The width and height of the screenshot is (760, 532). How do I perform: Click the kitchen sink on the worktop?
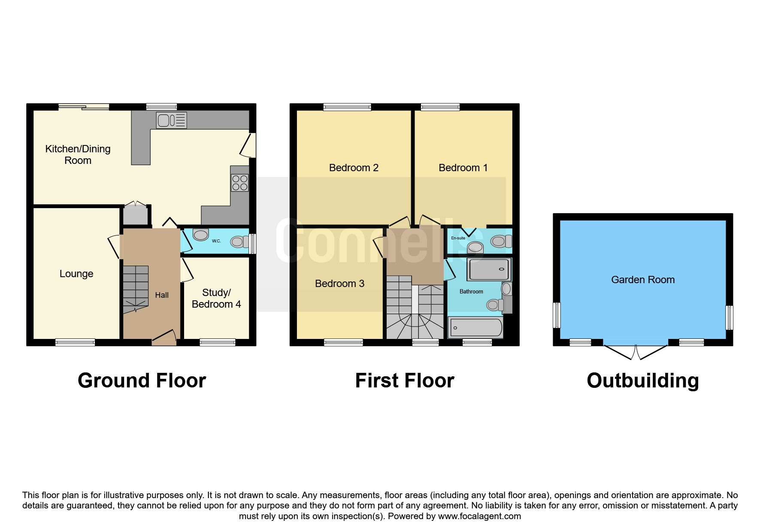172,120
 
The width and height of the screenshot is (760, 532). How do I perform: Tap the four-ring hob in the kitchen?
240,183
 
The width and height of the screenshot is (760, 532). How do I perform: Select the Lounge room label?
76,274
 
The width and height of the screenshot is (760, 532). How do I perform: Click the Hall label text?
162,295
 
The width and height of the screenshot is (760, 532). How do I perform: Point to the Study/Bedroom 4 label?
216,298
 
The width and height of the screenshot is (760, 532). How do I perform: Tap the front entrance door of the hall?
164,337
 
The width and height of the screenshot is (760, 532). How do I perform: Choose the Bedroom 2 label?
354,168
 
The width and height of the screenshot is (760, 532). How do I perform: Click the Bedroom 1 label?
463,168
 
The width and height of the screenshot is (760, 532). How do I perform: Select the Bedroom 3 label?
339,284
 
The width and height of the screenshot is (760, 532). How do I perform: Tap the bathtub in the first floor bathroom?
475,328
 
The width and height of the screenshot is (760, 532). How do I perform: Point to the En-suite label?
458,238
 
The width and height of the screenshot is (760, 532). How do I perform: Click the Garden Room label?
643,280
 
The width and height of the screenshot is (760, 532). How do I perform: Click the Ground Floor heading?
142,381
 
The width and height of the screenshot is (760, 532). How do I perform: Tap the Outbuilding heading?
643,381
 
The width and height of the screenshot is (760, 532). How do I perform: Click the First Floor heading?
405,381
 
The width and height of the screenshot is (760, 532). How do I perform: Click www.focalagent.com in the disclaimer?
479,516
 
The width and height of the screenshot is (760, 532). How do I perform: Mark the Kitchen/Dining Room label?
78,154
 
